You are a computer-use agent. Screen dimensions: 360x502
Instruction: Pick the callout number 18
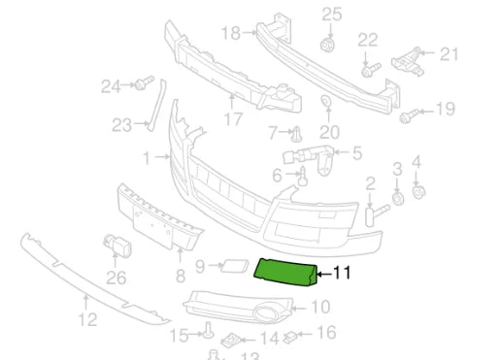pos(229,33)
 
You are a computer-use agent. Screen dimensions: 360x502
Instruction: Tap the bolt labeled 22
pos(369,69)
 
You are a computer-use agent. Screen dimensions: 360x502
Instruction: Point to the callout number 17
pos(233,120)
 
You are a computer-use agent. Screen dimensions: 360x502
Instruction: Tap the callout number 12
pos(86,319)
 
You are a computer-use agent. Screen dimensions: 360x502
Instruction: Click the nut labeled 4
pos(418,190)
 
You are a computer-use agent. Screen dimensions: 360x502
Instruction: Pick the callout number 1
pos(148,156)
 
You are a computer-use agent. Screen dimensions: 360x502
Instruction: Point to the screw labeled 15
pos(208,331)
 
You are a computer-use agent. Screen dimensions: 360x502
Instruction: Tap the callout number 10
pos(319,307)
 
